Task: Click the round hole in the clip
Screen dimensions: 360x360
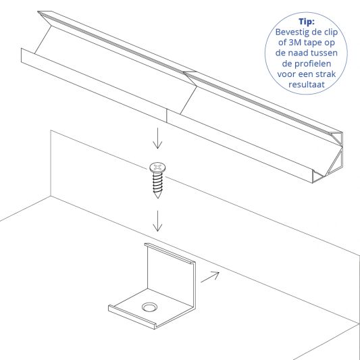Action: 148,307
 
